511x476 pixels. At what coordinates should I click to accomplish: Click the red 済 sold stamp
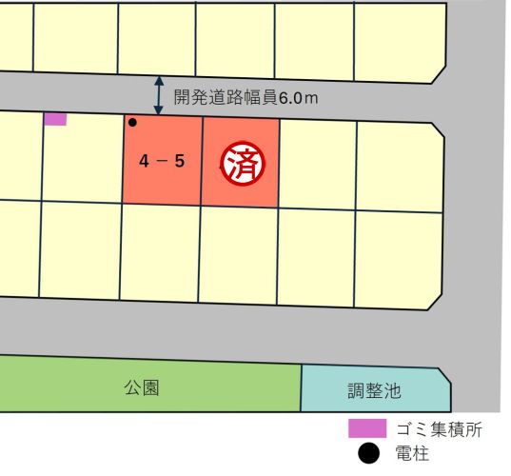241,162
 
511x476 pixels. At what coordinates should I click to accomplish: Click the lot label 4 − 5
162,161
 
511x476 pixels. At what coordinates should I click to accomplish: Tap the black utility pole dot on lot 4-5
132,123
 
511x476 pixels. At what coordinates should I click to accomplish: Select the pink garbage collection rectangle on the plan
55,119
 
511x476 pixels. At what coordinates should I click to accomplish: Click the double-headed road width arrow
159,96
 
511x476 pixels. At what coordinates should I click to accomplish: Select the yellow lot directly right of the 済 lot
317,163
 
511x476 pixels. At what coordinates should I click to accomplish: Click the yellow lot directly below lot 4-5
160,242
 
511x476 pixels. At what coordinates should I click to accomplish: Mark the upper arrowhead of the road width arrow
159,82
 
